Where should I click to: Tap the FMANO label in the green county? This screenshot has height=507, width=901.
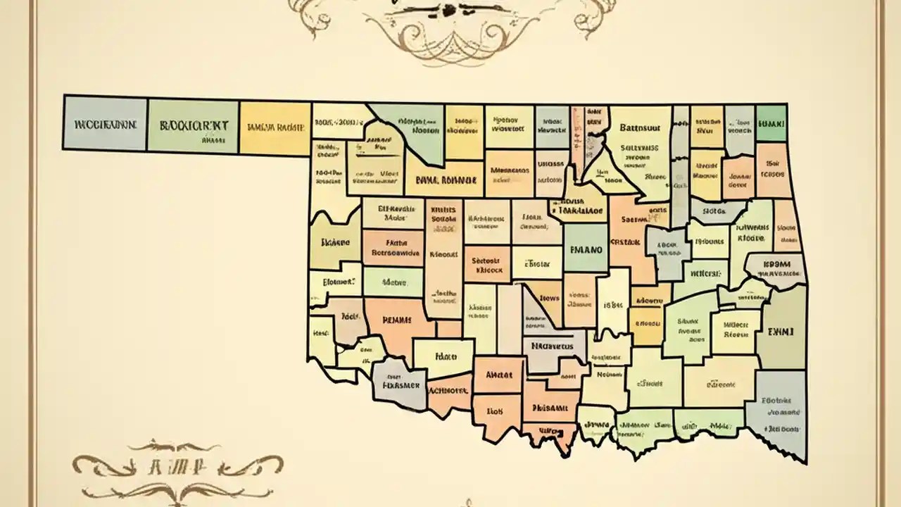coord(585,249)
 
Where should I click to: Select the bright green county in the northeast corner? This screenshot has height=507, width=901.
coord(771,123)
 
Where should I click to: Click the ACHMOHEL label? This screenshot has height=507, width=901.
coord(448,389)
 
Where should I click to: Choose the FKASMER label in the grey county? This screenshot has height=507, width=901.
coord(401,385)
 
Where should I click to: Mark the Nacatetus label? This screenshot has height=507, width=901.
coord(553,346)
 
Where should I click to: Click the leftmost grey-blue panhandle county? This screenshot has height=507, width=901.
coord(105,123)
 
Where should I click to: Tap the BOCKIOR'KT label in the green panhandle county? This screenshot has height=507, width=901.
coord(193,125)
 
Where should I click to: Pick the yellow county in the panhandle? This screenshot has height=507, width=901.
coord(275,128)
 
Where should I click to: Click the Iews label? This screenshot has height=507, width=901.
coord(550,298)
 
